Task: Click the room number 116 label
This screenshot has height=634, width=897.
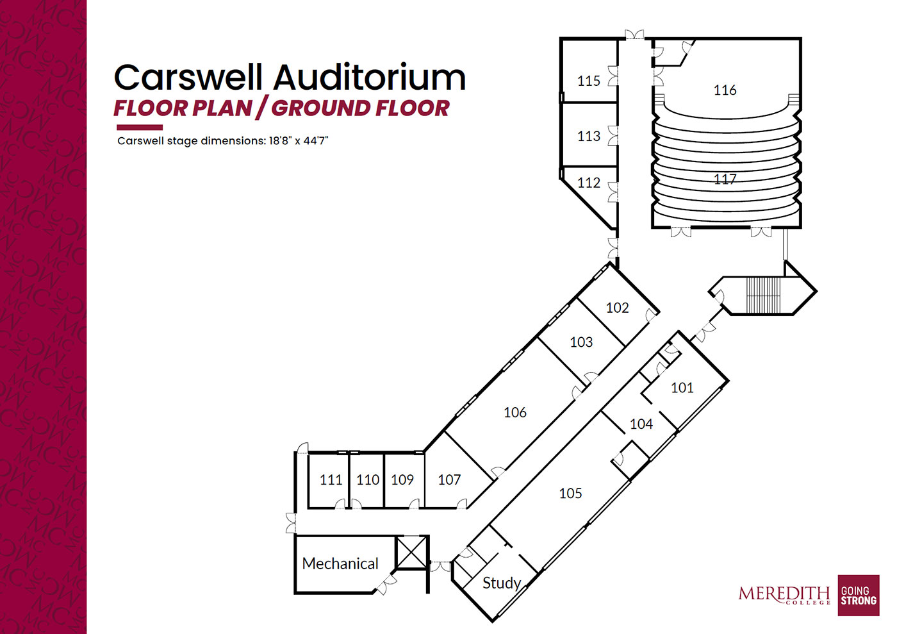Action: pos(725,90)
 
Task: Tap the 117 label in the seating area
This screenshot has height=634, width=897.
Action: pos(725,179)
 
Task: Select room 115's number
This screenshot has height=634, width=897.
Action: pos(588,81)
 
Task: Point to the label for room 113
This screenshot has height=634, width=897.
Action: pos(588,136)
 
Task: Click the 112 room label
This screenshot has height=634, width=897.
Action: pos(588,183)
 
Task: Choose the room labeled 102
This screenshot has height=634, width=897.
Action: pos(617,308)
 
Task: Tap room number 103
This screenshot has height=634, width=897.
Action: pos(581,342)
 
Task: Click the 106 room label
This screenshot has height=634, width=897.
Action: pos(514,412)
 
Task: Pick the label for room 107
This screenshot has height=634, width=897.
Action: pos(449,480)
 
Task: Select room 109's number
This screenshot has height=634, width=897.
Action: pos(402,480)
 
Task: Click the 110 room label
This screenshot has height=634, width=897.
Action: pos(368,480)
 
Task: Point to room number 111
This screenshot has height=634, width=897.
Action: pos(331,480)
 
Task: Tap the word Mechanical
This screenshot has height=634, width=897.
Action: pos(340,563)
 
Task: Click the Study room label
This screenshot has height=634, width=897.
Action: pos(501,583)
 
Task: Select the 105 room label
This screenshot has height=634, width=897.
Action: pos(570,493)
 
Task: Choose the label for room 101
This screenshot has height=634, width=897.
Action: pos(682,388)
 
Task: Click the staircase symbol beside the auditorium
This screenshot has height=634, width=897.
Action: pos(763,295)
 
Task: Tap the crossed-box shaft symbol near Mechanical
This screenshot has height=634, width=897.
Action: pos(411,553)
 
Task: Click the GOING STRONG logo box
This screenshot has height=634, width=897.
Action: pos(858,596)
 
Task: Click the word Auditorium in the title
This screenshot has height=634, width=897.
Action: pos(370,78)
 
